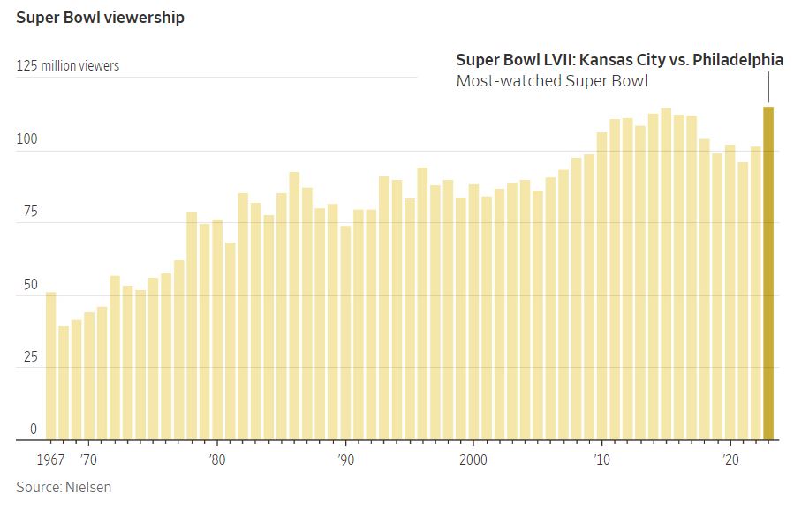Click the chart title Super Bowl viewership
click(x=100, y=18)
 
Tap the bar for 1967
click(x=50, y=366)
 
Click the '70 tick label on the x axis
click(x=87, y=459)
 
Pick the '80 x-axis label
click(x=216, y=459)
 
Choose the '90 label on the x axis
click(x=345, y=459)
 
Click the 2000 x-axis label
click(x=473, y=459)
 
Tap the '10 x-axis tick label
click(x=602, y=459)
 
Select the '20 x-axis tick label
click(x=730, y=459)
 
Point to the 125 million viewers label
click(x=68, y=66)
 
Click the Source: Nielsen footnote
click(x=64, y=487)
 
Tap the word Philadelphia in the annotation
click(x=737, y=60)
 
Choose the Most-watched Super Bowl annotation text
click(x=552, y=82)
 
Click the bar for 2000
click(x=473, y=312)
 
